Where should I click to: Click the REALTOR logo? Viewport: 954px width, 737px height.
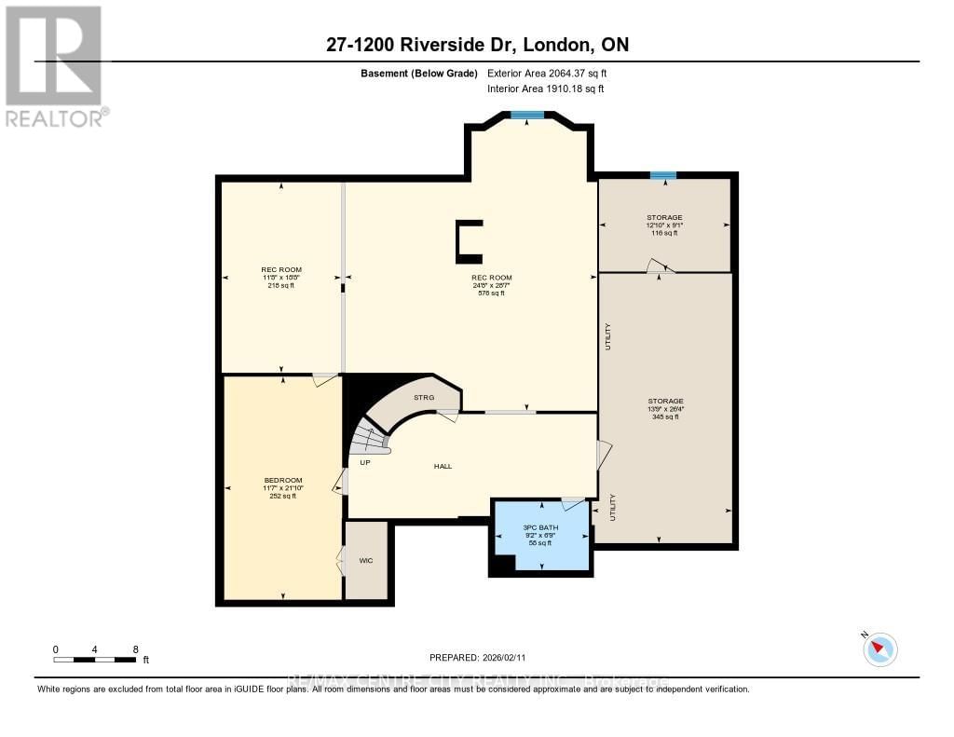(54, 65)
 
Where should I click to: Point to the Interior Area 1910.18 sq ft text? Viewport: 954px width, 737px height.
(546, 89)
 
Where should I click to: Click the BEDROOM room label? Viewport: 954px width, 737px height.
(282, 482)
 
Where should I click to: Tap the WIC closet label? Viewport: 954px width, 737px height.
(366, 561)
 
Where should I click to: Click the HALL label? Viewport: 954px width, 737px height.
(443, 466)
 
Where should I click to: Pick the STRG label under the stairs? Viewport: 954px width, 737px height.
(424, 397)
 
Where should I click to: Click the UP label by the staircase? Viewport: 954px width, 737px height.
(366, 461)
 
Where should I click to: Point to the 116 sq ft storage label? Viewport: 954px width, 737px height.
(664, 232)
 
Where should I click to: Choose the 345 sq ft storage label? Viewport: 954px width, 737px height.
(665, 416)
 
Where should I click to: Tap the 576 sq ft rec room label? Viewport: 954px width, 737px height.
(491, 293)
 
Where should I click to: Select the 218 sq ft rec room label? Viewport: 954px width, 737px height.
(281, 285)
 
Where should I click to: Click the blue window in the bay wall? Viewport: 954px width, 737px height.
(526, 116)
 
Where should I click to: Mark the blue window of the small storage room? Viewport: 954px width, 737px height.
(663, 175)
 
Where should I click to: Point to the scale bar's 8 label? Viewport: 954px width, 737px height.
(136, 648)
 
